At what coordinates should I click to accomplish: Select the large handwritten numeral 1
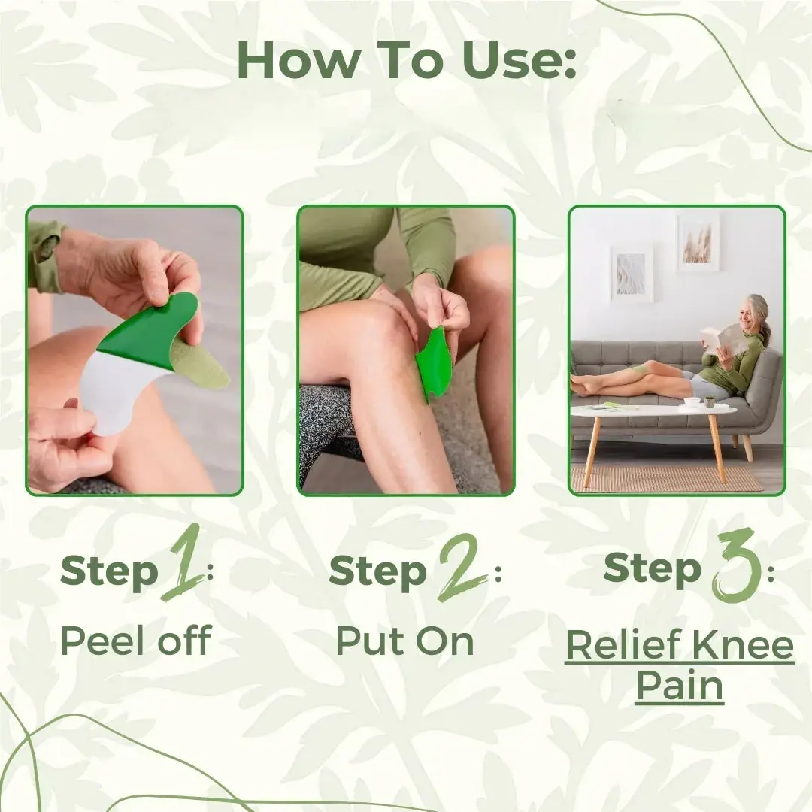tap(183, 564)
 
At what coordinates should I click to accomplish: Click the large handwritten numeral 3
tap(733, 565)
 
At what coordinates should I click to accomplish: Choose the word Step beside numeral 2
tap(378, 573)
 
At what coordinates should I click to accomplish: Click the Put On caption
tap(404, 641)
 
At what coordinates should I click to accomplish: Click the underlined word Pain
tap(679, 686)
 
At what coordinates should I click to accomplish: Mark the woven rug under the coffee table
tap(665, 478)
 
